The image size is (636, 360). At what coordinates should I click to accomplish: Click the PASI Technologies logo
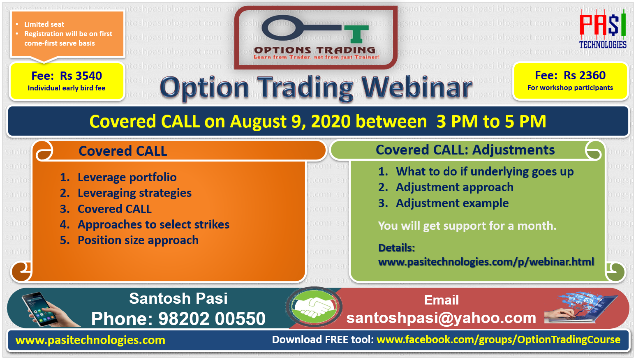603,29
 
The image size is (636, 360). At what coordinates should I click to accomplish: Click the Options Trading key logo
316,37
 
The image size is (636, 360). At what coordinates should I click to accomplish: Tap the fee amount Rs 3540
81,76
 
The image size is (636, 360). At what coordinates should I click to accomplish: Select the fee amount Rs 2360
585,76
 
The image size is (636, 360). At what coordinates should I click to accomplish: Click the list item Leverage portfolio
127,178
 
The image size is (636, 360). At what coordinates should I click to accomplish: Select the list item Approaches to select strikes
153,224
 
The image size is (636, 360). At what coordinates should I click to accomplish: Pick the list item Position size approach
138,240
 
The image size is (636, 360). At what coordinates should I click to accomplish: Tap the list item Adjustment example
452,203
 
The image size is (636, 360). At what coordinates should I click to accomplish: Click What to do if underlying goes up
485,172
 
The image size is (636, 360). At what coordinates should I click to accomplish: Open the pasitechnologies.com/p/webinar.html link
486,262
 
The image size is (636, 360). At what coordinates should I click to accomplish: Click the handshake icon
314,307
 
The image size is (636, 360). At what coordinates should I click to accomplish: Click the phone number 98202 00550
212,318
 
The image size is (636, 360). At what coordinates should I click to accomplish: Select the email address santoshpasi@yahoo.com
441,318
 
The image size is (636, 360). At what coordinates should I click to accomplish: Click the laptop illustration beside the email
581,308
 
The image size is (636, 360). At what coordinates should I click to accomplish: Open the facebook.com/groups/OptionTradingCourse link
499,340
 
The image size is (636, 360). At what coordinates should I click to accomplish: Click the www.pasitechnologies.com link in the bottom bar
90,340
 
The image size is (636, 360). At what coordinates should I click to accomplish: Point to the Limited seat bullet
44,24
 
